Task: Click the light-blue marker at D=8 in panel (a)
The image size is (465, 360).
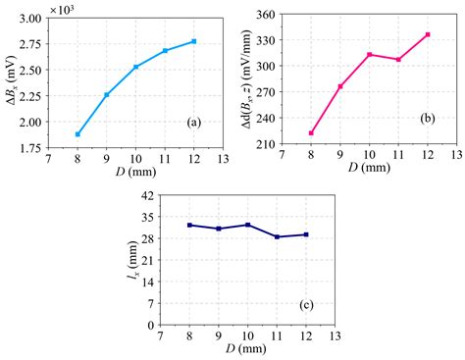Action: [x=77, y=134]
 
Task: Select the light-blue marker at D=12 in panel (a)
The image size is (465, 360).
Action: [x=194, y=41]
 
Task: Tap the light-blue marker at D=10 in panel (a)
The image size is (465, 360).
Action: [x=136, y=67]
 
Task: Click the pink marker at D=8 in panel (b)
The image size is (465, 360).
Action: [x=311, y=133]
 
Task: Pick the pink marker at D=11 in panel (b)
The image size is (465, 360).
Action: [x=398, y=59]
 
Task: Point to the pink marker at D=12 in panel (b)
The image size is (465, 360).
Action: [x=427, y=34]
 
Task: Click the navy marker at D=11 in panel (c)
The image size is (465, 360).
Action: [x=278, y=236]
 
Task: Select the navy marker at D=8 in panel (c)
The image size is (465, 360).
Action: [x=189, y=225]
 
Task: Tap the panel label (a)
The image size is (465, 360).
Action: [x=194, y=122]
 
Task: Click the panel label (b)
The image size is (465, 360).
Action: [x=428, y=118]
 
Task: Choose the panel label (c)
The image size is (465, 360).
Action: [x=306, y=305]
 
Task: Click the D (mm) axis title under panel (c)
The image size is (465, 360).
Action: [x=247, y=350]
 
